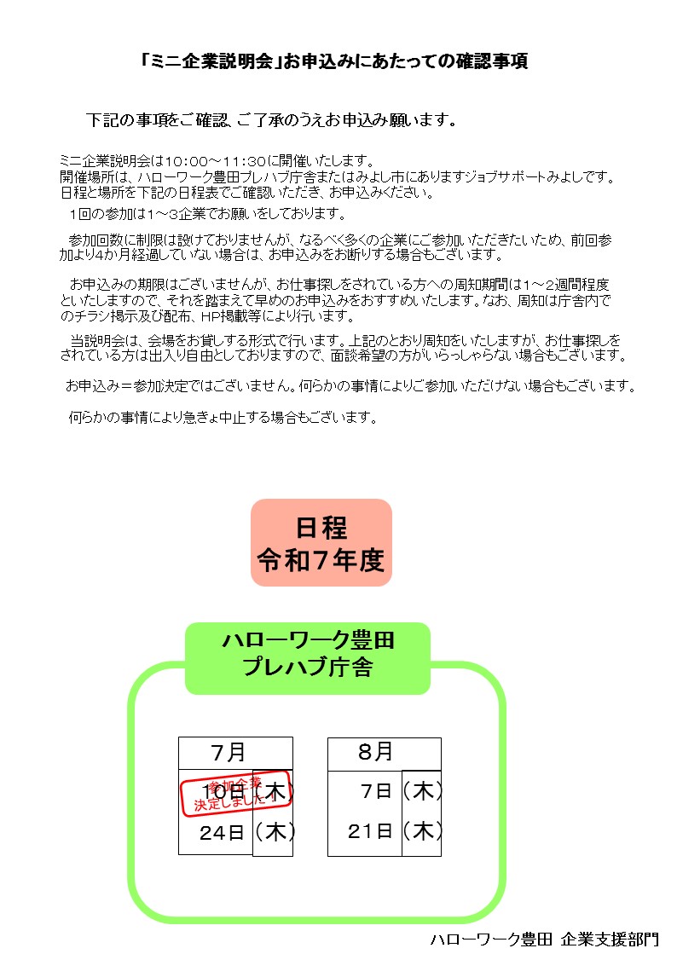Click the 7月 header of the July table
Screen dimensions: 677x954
[x=229, y=753]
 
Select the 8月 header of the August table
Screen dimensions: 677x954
[x=375, y=752]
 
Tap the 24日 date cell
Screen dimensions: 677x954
[x=222, y=832]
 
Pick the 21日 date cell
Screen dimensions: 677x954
[x=370, y=831]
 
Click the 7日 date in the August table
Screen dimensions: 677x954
[x=376, y=791]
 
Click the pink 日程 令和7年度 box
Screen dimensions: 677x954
[x=321, y=543]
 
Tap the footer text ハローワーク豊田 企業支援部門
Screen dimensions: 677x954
[x=545, y=940]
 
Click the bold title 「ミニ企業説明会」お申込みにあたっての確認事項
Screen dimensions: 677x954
[x=334, y=61]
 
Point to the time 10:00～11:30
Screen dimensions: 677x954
[x=215, y=161]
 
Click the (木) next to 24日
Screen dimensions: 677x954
[x=275, y=832]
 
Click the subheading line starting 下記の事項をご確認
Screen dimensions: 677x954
[x=272, y=120]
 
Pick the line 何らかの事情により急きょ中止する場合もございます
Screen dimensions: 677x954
[x=223, y=418]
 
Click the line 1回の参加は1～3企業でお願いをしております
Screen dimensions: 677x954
[x=207, y=213]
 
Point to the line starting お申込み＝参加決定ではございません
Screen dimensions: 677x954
[x=350, y=385]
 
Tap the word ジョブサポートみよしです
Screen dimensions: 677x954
[x=540, y=177]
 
